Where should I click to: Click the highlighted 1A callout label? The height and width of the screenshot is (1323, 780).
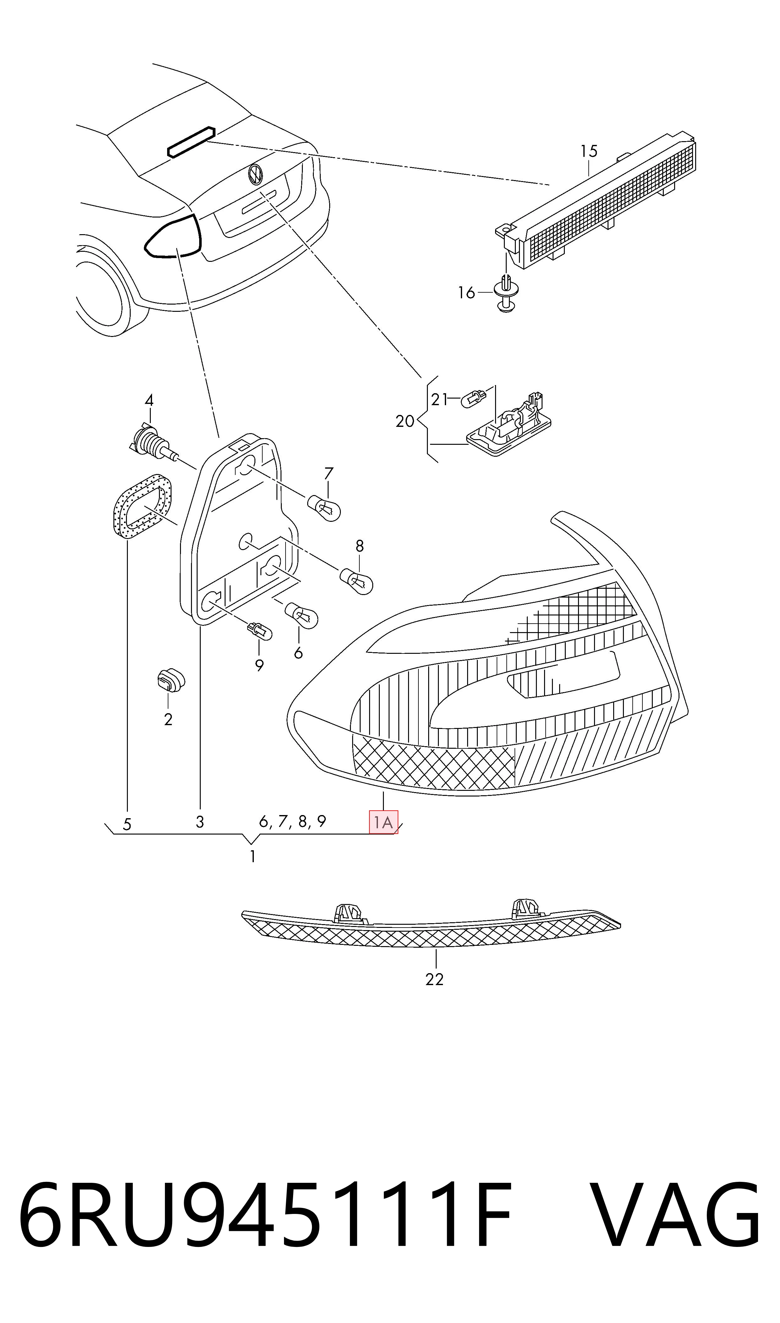(383, 822)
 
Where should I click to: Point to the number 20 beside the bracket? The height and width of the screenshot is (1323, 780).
(405, 421)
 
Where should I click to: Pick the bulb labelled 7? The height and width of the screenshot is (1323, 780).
(324, 507)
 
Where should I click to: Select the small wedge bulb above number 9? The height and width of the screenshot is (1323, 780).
(260, 631)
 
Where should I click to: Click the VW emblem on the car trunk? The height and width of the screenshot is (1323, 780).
(255, 174)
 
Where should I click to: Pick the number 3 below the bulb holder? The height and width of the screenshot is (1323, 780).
(200, 822)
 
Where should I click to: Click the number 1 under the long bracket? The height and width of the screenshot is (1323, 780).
(253, 857)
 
